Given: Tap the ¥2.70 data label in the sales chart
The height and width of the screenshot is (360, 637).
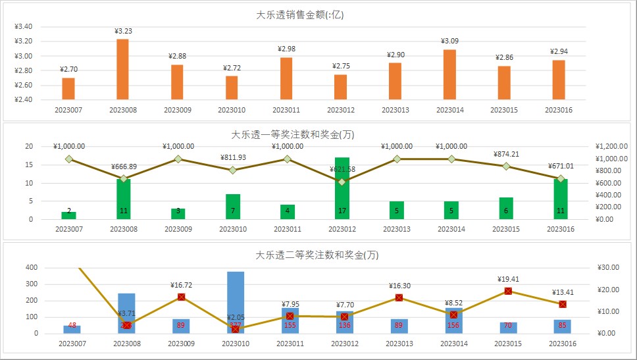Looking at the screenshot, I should tap(68, 69).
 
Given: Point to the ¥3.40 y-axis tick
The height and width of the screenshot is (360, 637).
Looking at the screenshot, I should tap(23, 27).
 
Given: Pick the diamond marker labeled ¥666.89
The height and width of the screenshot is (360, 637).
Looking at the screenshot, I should tap(123, 178).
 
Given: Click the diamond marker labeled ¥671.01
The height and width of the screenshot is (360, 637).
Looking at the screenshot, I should tap(561, 178).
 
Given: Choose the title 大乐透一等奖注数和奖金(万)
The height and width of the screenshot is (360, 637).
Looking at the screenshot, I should tap(293, 134).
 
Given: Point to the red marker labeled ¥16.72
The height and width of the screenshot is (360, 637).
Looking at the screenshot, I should tap(181, 297).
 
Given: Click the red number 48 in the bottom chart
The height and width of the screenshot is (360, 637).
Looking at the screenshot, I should tap(72, 325).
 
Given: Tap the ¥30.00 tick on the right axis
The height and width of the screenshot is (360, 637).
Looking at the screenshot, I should tap(608, 268).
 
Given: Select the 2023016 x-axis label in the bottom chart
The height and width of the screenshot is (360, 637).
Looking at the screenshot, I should tap(562, 344).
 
